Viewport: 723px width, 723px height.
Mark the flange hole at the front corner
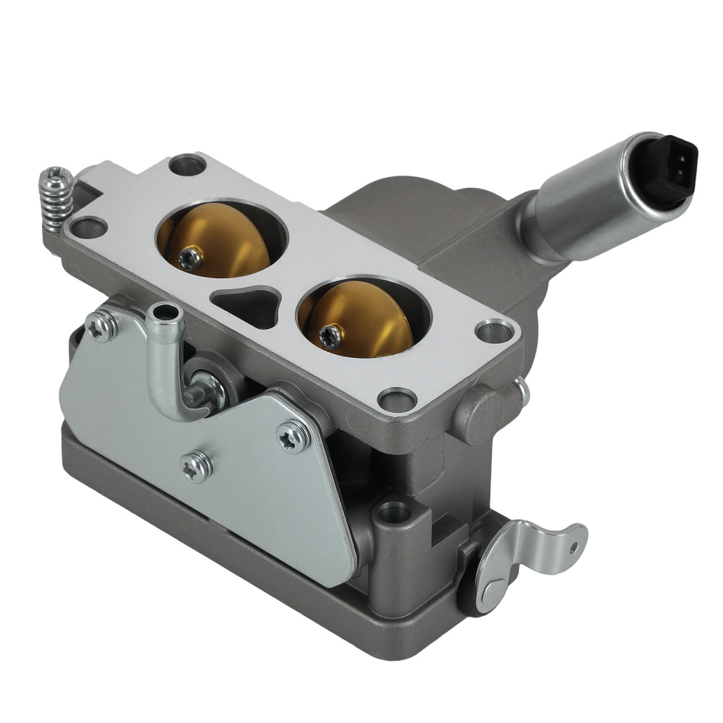pos(397,396)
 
